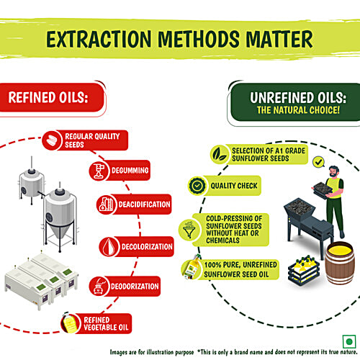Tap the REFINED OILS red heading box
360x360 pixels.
[52, 97]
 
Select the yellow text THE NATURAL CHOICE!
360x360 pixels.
[298, 110]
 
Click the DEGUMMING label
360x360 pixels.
[130, 171]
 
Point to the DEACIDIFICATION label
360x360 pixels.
[144, 204]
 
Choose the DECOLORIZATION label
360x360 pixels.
[147, 247]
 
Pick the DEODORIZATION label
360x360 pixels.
[135, 287]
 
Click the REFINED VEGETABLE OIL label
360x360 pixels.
[106, 323]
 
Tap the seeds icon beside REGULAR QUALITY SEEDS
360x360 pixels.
[52, 140]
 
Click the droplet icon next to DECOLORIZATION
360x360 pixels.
[109, 247]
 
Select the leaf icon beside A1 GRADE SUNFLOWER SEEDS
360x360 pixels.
[220, 154]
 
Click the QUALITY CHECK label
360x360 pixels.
[234, 186]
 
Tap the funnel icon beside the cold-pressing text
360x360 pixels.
[189, 230]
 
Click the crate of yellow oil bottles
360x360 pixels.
[304, 270]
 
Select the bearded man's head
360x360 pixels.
[333, 171]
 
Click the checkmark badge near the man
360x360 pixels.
[319, 162]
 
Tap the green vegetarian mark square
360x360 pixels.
[349, 341]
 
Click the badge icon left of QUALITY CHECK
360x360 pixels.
[197, 186]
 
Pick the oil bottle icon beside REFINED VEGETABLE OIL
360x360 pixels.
[69, 323]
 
